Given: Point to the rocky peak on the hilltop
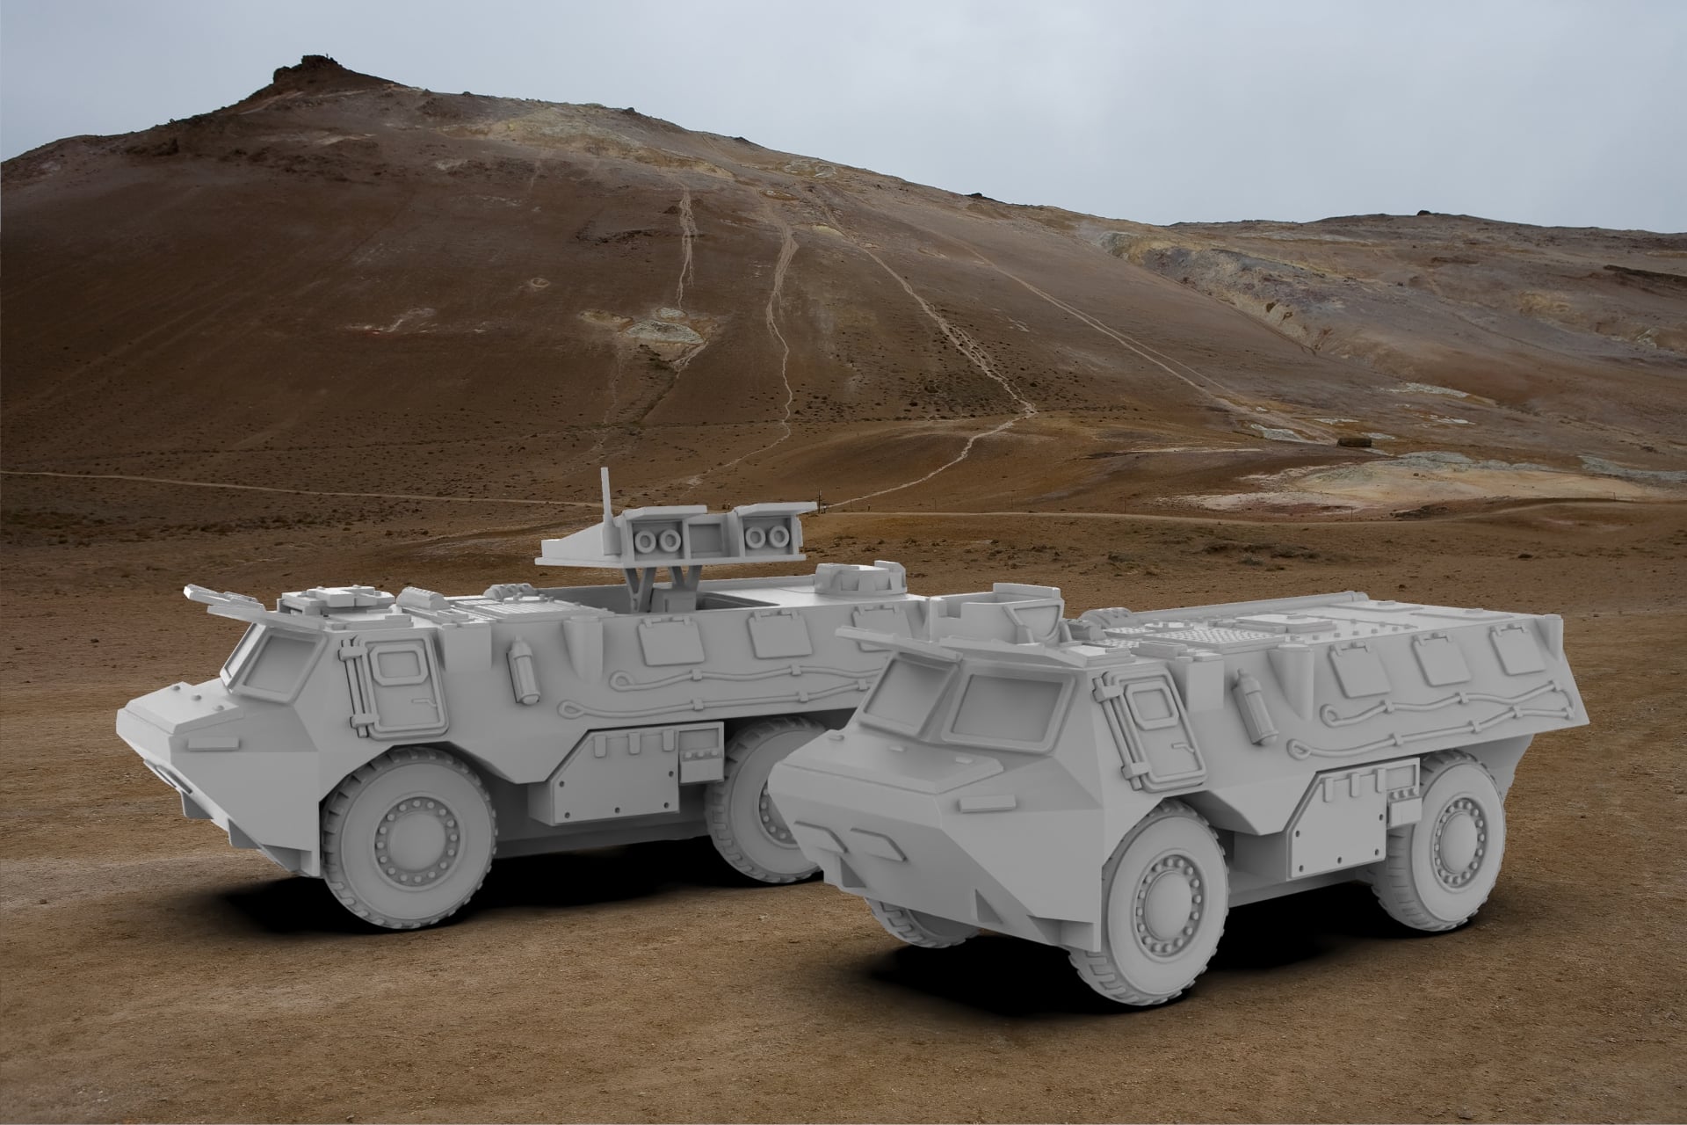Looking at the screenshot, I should click(303, 69).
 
